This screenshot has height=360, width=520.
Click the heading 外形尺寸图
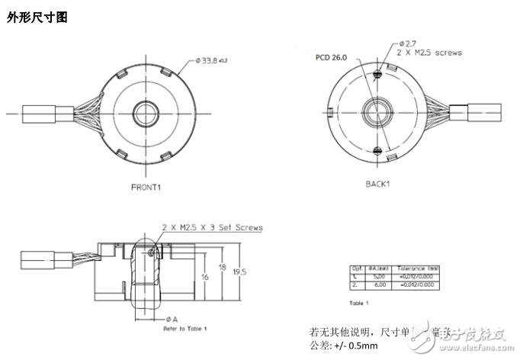[x=37, y=18]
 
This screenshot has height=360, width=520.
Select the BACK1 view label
[x=378, y=184]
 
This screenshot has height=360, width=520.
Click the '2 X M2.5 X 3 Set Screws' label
[x=212, y=227]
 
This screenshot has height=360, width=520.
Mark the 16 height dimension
[x=205, y=276]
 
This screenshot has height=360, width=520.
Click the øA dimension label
[x=172, y=319]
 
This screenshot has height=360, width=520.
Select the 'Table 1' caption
[x=358, y=303]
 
